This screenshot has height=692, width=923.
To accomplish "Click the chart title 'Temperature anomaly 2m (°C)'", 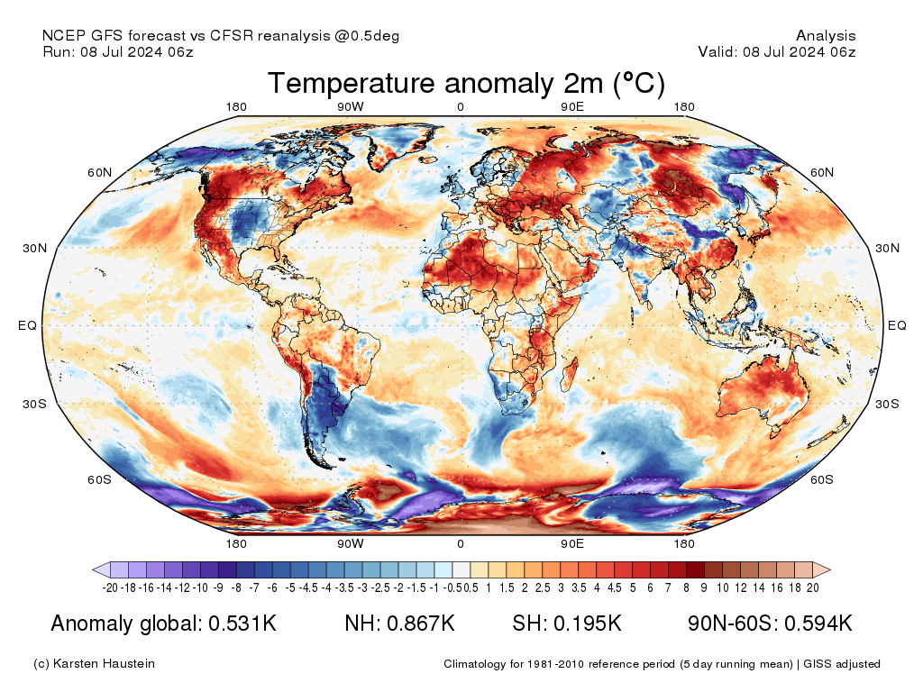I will [466, 84].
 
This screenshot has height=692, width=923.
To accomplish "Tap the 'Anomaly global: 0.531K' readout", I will [163, 624].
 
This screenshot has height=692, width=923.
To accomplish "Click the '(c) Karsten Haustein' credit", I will [94, 664].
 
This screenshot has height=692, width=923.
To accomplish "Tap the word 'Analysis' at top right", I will [826, 36].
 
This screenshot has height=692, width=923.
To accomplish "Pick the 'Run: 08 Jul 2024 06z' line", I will [118, 51].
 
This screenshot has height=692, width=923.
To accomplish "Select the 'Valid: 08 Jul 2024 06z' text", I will [776, 51].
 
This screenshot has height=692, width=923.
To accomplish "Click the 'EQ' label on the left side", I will [27, 325].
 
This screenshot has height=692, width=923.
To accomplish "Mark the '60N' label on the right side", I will [821, 172].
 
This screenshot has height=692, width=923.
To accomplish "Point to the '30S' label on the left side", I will [32, 404].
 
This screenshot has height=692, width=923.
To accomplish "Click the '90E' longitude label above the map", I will [572, 107].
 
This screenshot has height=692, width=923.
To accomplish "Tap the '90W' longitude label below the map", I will [351, 543].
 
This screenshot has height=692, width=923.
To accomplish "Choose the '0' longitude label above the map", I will [461, 107].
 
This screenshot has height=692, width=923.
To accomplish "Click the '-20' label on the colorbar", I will [110, 587].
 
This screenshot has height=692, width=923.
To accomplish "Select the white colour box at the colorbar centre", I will [461, 569].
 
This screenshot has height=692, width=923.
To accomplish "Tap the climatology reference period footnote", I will [662, 664].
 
